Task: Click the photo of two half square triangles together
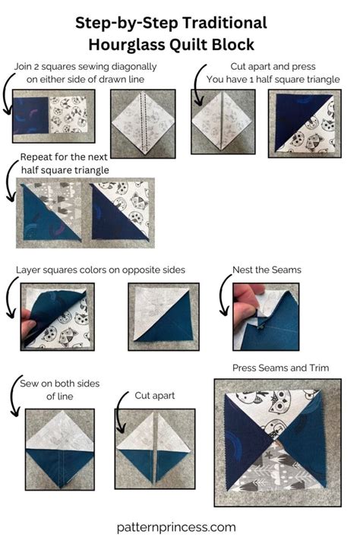pos(85,212)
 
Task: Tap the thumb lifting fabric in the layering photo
pos(27,328)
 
